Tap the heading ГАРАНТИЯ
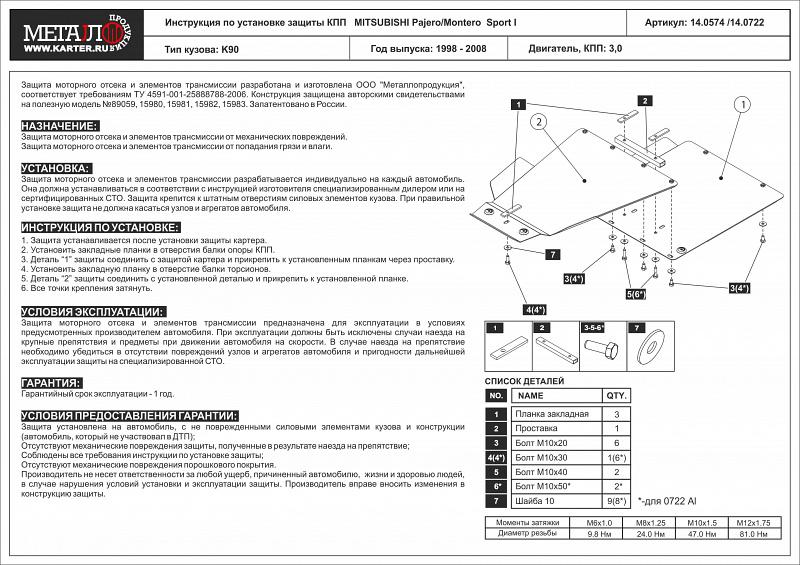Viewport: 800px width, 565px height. click(x=51, y=383)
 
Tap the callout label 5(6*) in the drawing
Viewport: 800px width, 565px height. click(x=637, y=294)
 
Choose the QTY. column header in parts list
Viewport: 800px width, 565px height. click(x=616, y=395)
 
